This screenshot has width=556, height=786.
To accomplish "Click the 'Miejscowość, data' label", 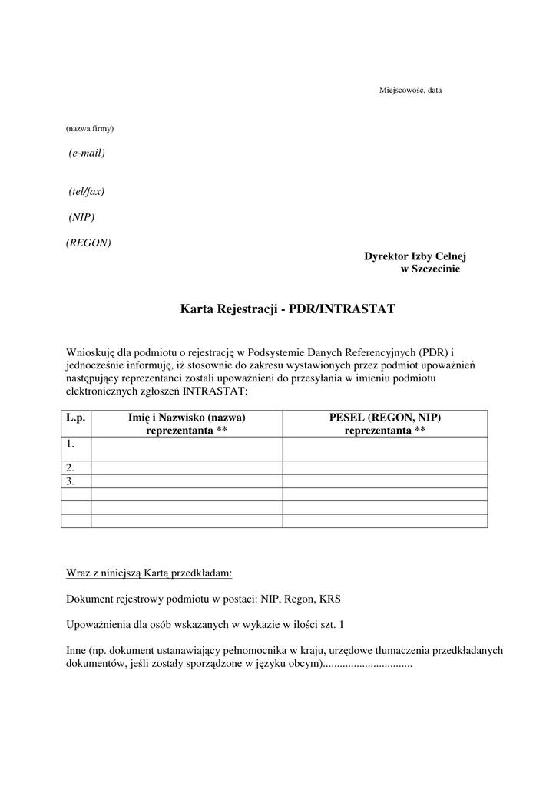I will coord(410,91).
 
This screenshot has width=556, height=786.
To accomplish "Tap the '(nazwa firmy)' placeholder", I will coord(90,129).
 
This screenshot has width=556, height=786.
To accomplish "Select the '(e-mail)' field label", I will coord(87,153).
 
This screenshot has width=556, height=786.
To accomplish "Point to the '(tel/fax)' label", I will coord(86,191).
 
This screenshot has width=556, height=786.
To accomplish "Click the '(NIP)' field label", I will coord(81,217).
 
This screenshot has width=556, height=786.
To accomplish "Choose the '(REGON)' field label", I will coord(88,243).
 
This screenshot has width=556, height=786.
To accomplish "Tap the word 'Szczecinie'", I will coord(435,269).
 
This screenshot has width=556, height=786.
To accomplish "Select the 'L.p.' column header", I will coord(75,418).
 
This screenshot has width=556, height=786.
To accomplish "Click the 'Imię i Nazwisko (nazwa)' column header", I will coord(187,418).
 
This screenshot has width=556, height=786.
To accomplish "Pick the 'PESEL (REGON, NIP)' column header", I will coord(385,418).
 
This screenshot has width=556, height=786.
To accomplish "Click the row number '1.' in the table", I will coord(71,444).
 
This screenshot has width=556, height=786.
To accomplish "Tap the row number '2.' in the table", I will coord(71,467).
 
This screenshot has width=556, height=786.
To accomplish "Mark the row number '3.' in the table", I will coord(71,481).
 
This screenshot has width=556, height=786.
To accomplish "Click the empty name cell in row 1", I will coord(187,449).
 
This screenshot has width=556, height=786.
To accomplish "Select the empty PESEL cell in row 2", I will coord(385,467).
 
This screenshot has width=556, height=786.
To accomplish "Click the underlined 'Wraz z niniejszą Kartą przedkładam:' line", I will coord(149,573).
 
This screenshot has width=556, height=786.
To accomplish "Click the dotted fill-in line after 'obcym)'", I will coord(366,663).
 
